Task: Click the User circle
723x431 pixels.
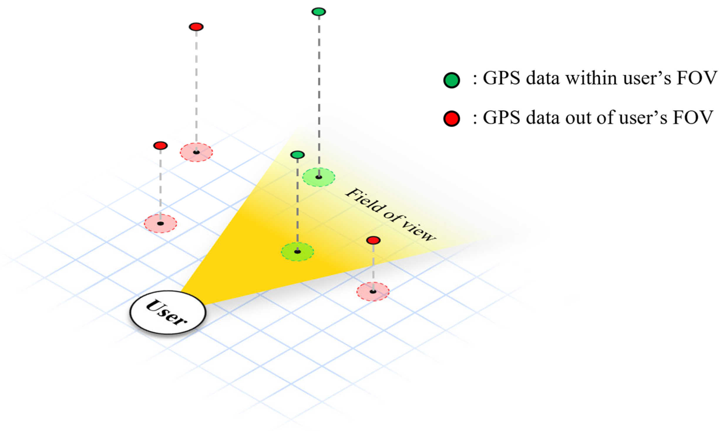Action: click(x=168, y=312)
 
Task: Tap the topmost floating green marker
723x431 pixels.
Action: click(x=319, y=12)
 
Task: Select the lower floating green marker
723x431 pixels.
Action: click(x=297, y=155)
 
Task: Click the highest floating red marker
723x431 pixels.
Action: click(x=196, y=27)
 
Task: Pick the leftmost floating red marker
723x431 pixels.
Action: click(x=160, y=146)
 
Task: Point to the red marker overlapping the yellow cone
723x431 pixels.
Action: click(x=373, y=240)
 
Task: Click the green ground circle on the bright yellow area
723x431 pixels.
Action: click(x=297, y=252)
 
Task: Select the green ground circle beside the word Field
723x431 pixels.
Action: click(x=319, y=177)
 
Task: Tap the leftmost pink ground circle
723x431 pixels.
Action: click(x=160, y=223)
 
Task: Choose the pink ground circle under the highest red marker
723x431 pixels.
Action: click(x=196, y=152)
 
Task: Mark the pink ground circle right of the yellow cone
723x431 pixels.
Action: click(x=373, y=292)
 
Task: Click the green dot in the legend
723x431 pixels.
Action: click(x=452, y=80)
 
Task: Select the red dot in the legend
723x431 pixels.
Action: click(x=452, y=118)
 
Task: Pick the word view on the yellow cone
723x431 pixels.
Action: click(x=419, y=231)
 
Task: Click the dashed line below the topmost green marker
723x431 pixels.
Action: click(x=319, y=88)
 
